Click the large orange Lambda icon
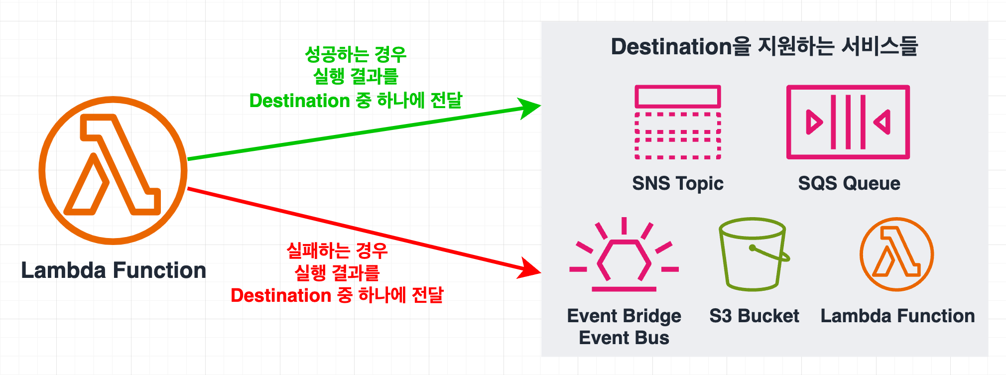113,170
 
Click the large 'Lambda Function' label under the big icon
114,270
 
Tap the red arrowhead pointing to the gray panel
530,269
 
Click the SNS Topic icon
678,122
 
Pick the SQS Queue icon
848,122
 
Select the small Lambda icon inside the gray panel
896,254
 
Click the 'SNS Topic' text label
678,183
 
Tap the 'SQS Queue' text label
849,183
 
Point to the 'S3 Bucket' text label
754,316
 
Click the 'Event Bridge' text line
624,316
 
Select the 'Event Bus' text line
624,338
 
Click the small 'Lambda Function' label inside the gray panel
897,316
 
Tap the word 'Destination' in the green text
299,101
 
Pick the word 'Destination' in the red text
281,295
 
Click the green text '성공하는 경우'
356,54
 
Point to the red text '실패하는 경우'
337,250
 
